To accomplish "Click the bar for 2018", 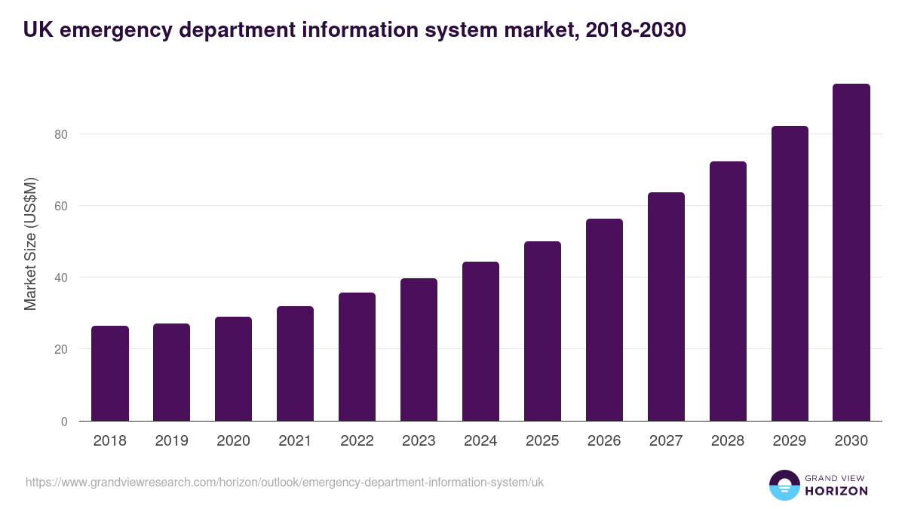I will pyautogui.click(x=110, y=373).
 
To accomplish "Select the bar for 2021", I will pyautogui.click(x=295, y=363).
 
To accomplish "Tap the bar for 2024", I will pyautogui.click(x=480, y=341).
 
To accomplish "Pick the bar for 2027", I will pyautogui.click(x=666, y=306).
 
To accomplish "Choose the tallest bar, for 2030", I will pyautogui.click(x=851, y=252).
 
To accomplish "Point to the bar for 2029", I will pyautogui.click(x=790, y=273).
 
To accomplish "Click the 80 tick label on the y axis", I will pyautogui.click(x=60, y=134).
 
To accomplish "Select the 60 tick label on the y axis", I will pyautogui.click(x=60, y=206).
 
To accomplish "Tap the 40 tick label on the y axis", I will pyautogui.click(x=60, y=277).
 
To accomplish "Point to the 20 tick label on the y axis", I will pyautogui.click(x=60, y=349).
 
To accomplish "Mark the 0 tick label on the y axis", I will pyautogui.click(x=64, y=422).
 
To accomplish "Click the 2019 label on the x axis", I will pyautogui.click(x=171, y=441).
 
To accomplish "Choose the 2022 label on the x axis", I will pyautogui.click(x=357, y=441).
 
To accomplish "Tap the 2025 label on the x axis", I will pyautogui.click(x=542, y=441).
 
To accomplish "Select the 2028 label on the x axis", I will pyautogui.click(x=728, y=441).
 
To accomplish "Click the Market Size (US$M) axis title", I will pyautogui.click(x=30, y=244).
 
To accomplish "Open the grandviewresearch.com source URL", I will pyautogui.click(x=284, y=483).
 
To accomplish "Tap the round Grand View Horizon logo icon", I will pyautogui.click(x=784, y=485).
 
